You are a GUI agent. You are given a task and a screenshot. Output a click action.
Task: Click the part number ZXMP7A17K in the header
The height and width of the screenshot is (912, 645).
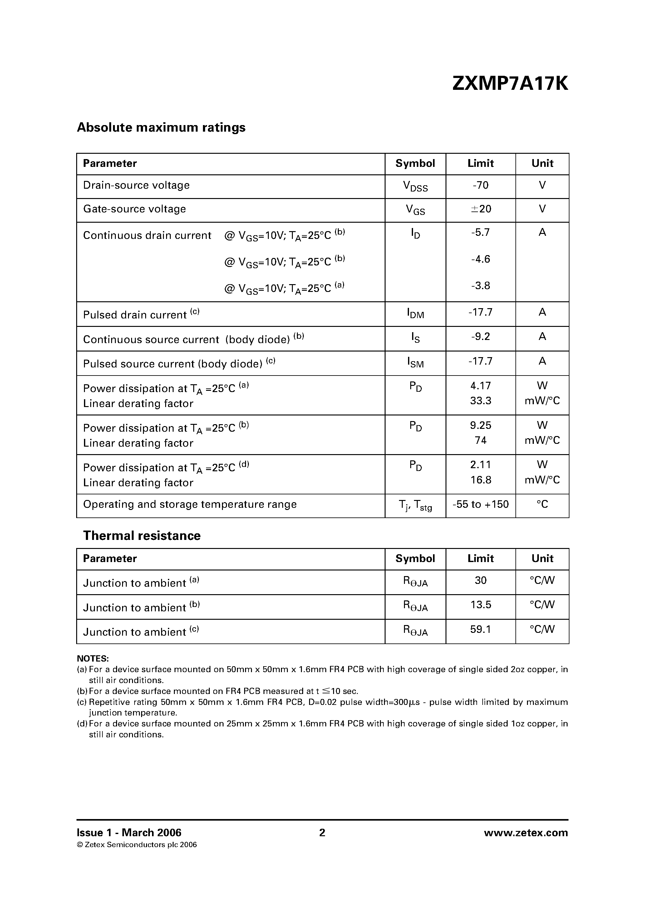point(510,84)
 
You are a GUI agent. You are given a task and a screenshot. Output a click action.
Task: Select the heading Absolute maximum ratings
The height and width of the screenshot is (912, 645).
point(161,128)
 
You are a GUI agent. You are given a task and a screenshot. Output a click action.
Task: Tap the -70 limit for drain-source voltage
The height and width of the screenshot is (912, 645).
point(480,186)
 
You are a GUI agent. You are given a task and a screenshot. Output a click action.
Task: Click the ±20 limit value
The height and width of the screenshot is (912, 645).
point(481,209)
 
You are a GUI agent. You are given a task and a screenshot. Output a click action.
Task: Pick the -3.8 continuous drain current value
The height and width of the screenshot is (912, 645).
point(480,286)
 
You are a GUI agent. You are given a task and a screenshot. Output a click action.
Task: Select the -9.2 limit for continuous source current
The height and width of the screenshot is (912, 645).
point(480,337)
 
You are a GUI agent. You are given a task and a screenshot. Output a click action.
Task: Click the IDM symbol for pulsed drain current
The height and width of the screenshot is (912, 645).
point(415,313)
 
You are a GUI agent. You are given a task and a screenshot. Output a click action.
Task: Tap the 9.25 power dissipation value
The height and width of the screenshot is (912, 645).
point(480,425)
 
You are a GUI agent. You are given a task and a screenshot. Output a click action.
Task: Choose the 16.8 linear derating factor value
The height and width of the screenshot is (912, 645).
point(480,480)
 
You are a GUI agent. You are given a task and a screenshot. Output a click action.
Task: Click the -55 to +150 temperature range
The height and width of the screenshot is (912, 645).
point(480,504)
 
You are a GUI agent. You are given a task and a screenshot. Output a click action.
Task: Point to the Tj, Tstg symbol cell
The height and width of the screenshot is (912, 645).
point(415,505)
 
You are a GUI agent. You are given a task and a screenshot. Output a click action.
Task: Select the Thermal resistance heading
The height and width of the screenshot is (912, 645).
point(141,536)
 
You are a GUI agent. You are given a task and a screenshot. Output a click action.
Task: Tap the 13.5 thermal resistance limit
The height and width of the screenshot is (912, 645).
point(480,605)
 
